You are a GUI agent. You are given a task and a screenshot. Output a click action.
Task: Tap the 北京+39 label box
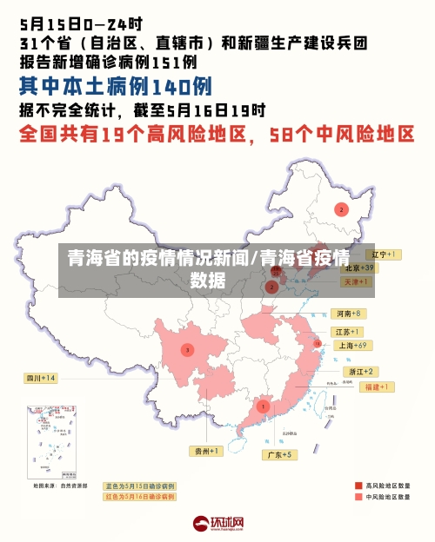[357, 268]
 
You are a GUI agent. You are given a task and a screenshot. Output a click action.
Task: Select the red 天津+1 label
[356, 281]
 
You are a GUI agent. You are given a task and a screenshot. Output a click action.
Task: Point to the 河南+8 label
[348, 313]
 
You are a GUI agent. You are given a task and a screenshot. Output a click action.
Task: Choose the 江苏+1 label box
[348, 332]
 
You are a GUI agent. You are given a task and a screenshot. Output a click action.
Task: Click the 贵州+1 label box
[206, 451]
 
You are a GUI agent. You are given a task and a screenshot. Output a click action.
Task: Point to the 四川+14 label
[40, 378]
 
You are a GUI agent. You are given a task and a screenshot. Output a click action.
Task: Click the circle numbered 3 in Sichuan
[186, 350]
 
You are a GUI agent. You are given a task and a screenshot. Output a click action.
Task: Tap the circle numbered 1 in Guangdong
[263, 406]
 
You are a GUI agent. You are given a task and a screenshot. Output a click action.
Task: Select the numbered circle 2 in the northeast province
[342, 209]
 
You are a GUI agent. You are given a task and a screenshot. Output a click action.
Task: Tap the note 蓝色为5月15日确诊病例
[140, 486]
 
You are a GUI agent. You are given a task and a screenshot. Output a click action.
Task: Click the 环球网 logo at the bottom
[218, 524]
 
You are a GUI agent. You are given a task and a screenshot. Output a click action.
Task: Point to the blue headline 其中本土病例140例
[116, 86]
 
